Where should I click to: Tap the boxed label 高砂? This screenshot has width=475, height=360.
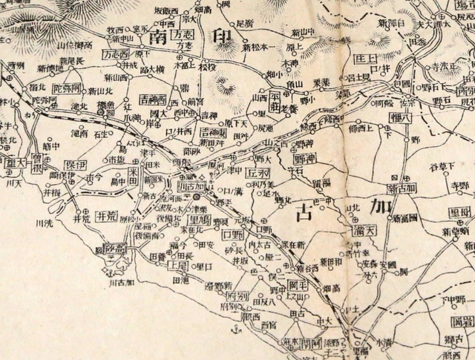coord(119,248)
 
